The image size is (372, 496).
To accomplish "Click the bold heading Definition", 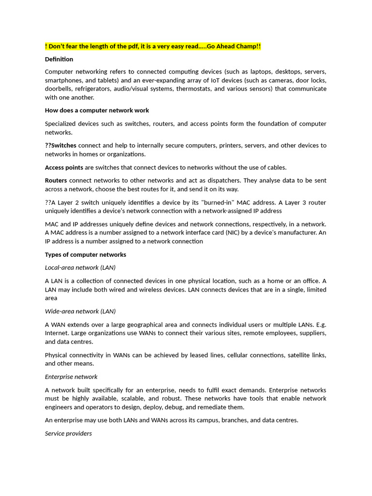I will (59, 59).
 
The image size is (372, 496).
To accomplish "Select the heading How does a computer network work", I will (97, 110).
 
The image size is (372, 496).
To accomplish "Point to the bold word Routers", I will (56, 180).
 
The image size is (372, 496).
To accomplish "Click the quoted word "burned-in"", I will (208, 202).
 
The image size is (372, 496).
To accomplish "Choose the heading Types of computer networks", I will (85, 254).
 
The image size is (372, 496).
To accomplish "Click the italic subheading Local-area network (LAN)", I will (80, 267).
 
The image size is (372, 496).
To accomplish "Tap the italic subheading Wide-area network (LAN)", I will (80, 311).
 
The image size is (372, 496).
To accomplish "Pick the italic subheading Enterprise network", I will (71, 376).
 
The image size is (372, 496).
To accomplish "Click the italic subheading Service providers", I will (68, 434).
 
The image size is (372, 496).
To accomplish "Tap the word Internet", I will (57, 333).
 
